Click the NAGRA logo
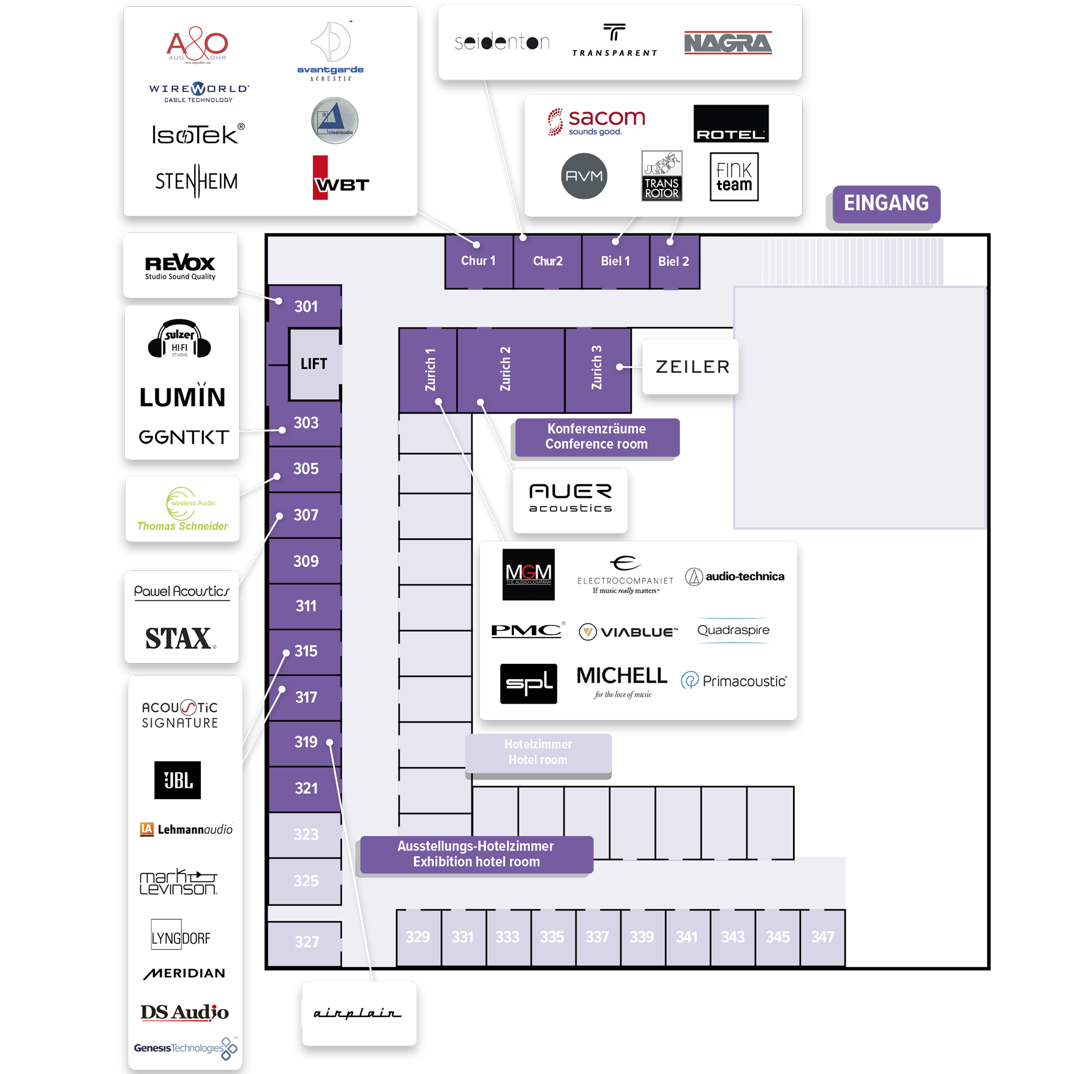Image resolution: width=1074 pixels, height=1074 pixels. click(x=727, y=43)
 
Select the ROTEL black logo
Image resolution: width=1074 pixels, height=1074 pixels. click(x=730, y=124)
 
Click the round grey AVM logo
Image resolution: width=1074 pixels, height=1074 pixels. click(x=584, y=176)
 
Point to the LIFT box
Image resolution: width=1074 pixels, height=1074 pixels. click(x=314, y=364)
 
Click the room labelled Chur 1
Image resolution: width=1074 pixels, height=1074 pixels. click(x=478, y=261)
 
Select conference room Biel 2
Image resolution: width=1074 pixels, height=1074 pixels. click(x=674, y=261)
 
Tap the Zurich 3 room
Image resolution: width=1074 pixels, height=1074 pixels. click(x=597, y=369)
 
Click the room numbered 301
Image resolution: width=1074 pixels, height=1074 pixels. click(x=306, y=306)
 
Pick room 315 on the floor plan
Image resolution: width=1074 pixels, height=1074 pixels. click(x=306, y=651)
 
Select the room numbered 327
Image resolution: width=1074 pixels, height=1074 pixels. click(x=306, y=942)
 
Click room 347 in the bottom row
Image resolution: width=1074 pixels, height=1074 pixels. click(x=822, y=937)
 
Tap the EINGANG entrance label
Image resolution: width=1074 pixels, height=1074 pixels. click(x=885, y=203)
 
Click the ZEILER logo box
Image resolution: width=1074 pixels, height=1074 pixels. click(x=692, y=367)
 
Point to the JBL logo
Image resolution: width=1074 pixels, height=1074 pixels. click(x=178, y=780)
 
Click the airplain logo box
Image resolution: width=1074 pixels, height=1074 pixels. click(x=359, y=1013)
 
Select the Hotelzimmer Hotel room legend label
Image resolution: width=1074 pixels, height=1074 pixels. click(x=538, y=752)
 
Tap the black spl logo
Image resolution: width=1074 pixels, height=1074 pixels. click(x=528, y=683)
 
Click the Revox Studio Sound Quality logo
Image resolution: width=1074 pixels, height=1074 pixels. click(x=180, y=266)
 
